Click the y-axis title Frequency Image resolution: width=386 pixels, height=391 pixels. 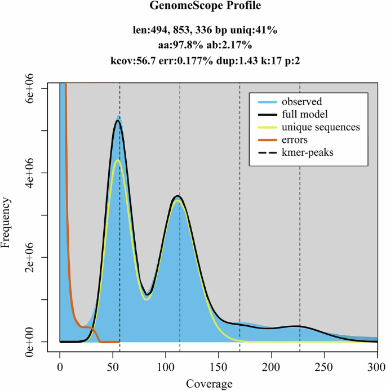[7, 222]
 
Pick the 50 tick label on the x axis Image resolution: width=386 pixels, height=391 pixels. [113, 366]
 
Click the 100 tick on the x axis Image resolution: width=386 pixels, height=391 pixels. [166, 366]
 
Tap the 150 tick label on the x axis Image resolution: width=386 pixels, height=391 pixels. [219, 366]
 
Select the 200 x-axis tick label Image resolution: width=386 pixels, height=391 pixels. [272, 366]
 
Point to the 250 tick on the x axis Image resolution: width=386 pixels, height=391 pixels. [325, 366]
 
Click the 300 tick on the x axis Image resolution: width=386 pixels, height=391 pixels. [376, 366]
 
